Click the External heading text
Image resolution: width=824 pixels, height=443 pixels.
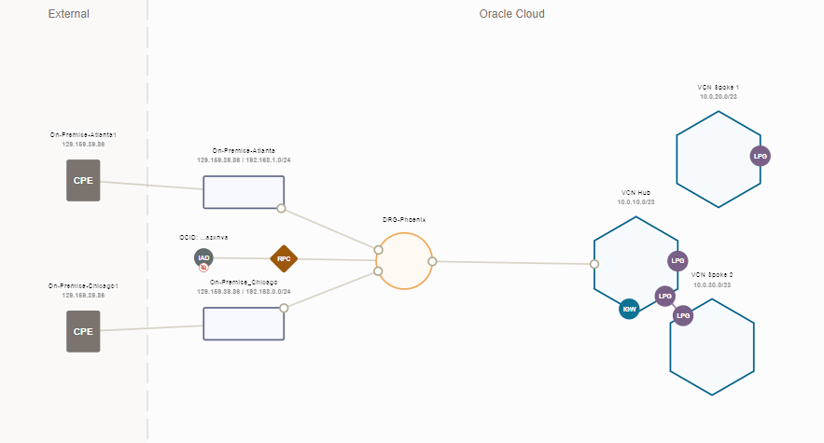[x=68, y=14]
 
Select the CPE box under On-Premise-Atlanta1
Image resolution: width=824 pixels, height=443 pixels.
[x=83, y=180]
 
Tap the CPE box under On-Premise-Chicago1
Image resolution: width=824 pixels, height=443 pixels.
[x=83, y=331]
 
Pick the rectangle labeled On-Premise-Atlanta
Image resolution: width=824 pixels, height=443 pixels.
[x=244, y=192]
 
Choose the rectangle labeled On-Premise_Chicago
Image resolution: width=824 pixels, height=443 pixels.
[x=244, y=324]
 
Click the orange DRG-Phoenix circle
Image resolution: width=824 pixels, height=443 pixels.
[x=404, y=262]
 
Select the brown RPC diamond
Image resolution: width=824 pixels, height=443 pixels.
[x=283, y=258]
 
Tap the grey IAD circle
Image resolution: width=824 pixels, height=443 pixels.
[x=203, y=257]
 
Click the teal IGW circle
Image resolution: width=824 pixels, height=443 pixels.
[x=630, y=309]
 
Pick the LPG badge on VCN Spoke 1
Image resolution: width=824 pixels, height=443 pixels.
[x=761, y=157]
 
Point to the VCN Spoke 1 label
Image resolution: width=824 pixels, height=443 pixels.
[x=719, y=87]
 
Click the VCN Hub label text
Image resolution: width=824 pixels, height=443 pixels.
[x=635, y=192]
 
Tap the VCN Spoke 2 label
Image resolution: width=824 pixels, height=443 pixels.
[x=712, y=274]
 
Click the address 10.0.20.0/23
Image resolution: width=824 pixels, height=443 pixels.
[x=719, y=97]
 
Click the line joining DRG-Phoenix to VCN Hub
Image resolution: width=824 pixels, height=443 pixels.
[x=513, y=263]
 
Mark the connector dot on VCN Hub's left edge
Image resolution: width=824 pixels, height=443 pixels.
[x=594, y=264]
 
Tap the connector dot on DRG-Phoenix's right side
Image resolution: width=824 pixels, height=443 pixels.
[x=432, y=262]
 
